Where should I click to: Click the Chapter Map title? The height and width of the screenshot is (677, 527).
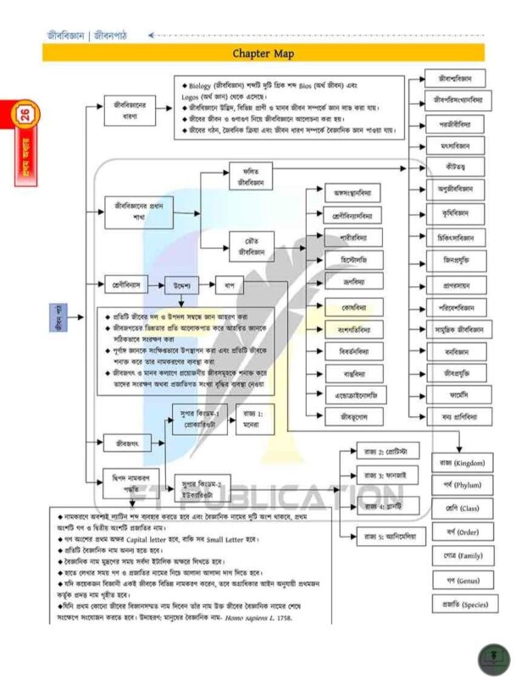point(263,53)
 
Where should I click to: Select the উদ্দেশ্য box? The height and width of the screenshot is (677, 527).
point(179,283)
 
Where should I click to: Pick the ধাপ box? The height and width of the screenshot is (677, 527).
point(228,283)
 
